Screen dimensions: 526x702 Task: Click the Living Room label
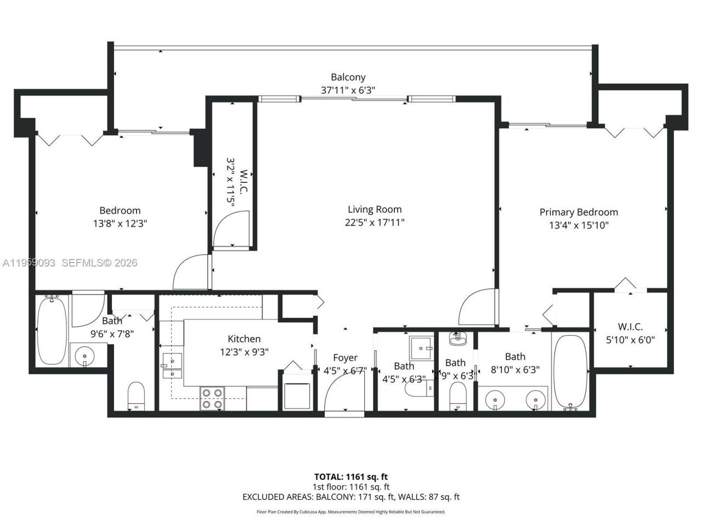(x=375, y=209)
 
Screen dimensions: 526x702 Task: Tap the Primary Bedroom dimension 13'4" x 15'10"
(x=579, y=225)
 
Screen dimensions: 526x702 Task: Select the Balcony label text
(x=348, y=77)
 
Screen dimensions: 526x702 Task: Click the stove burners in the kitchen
(x=213, y=398)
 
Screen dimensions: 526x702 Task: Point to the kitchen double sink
(x=172, y=367)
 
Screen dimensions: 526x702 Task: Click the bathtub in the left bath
(x=52, y=331)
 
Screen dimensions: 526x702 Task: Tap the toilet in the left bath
(x=135, y=395)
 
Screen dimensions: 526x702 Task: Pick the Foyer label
(x=345, y=358)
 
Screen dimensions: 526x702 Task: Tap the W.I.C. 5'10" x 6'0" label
(x=630, y=333)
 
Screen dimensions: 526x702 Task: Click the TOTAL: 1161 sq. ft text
(x=350, y=477)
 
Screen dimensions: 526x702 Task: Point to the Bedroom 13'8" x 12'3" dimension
(x=120, y=224)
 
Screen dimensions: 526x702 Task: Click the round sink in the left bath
(x=85, y=356)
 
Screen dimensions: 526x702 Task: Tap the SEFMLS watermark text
(x=99, y=263)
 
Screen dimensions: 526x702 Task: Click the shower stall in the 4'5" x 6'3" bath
(x=421, y=346)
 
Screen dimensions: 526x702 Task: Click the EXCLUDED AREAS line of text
(x=350, y=497)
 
